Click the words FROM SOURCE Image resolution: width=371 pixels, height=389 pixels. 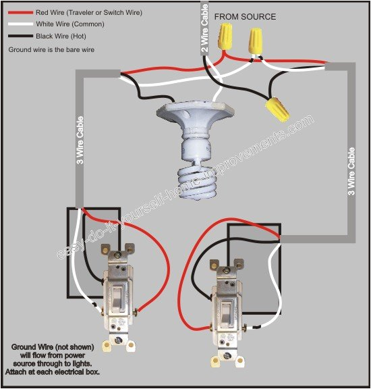(x=244, y=16)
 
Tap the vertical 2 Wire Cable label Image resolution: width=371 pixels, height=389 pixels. (x=205, y=27)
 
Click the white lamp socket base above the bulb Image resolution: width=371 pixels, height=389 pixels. (x=190, y=122)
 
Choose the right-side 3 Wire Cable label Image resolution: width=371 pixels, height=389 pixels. (x=351, y=173)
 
